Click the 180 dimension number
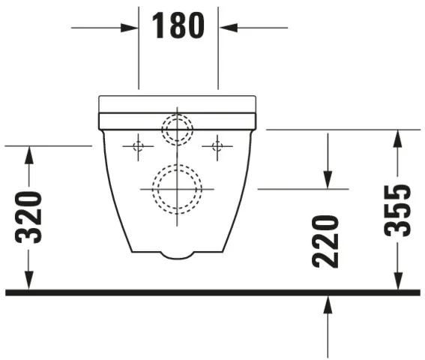tap(178, 27)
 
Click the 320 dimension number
tap(29, 217)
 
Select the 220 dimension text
tap(327, 241)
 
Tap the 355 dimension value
tap(398, 210)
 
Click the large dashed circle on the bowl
tap(177, 188)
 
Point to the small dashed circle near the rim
tap(178, 129)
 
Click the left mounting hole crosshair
tap(138, 145)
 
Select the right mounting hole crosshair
tap(217, 145)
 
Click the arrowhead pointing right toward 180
tap(130, 28)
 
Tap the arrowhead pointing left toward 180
tap(227, 28)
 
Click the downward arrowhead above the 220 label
tap(328, 180)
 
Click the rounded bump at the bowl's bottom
tap(177, 255)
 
